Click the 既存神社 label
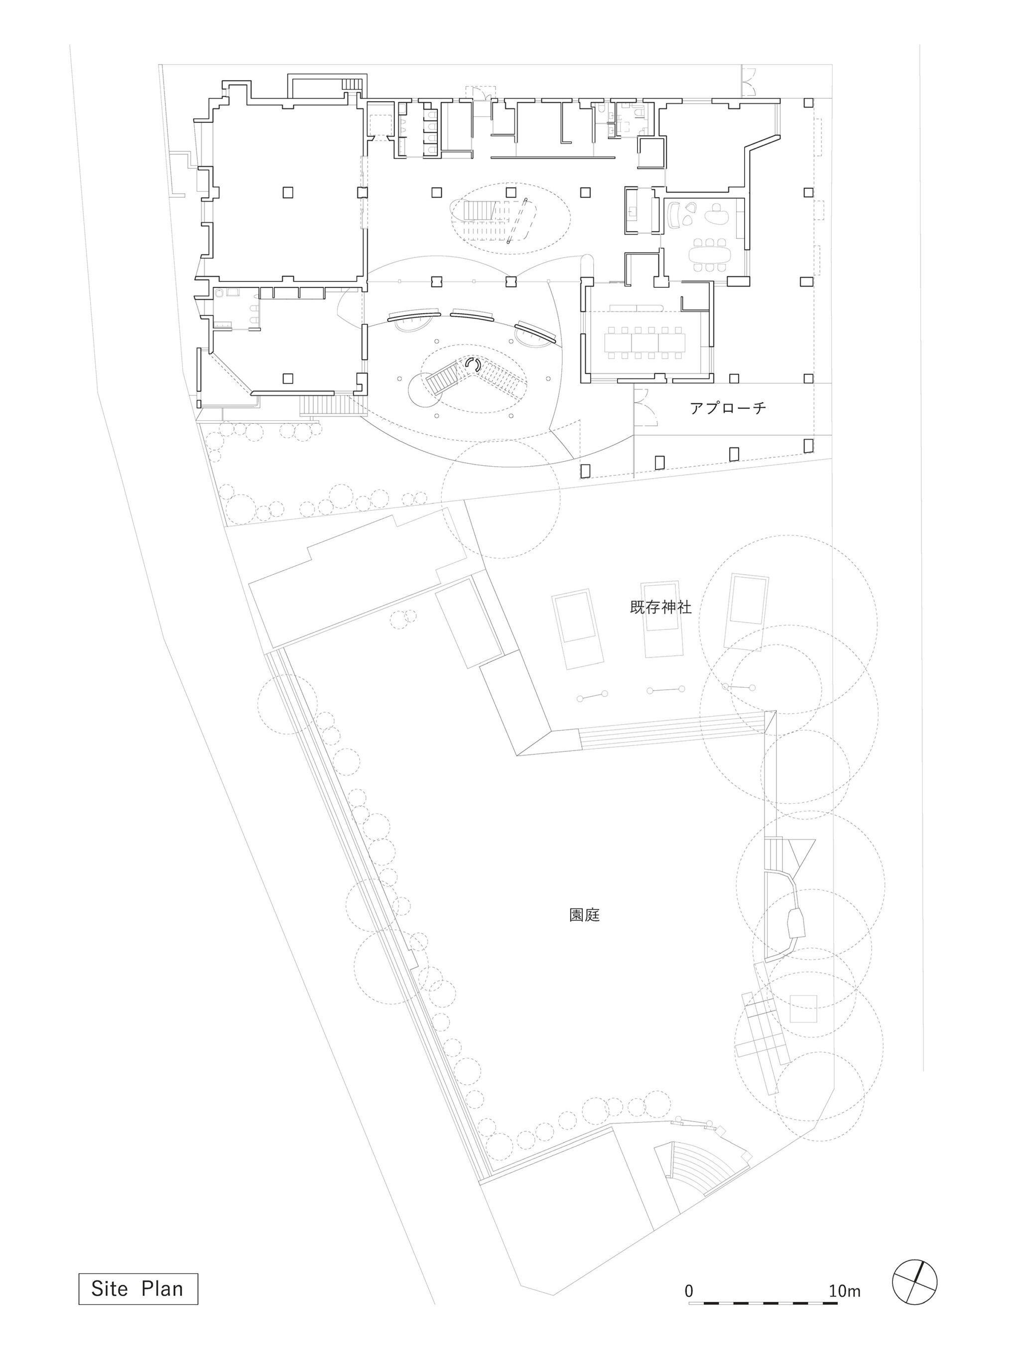(x=660, y=608)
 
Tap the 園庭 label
(x=584, y=915)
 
